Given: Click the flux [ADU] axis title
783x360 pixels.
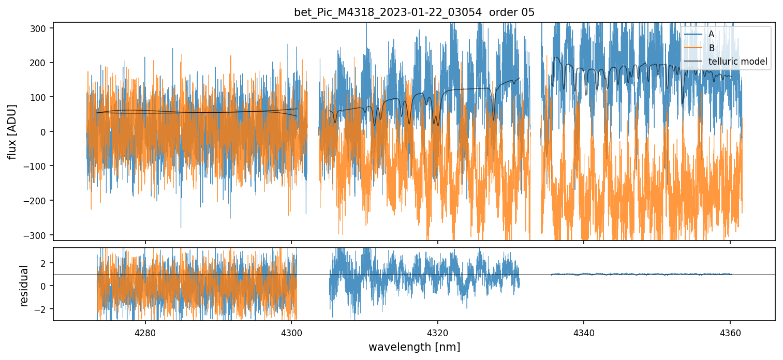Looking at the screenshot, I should click(x=12, y=131).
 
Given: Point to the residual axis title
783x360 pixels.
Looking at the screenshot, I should click(x=24, y=286).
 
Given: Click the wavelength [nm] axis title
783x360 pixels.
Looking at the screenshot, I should click(x=414, y=347).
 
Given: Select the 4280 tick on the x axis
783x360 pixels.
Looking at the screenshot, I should click(x=145, y=332).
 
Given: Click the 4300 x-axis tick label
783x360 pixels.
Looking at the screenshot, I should click(x=291, y=332).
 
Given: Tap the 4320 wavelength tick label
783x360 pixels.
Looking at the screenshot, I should click(x=438, y=332).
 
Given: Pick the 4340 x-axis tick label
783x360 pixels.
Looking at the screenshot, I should click(x=584, y=332).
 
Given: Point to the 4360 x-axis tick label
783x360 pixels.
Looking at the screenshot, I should click(x=730, y=332).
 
